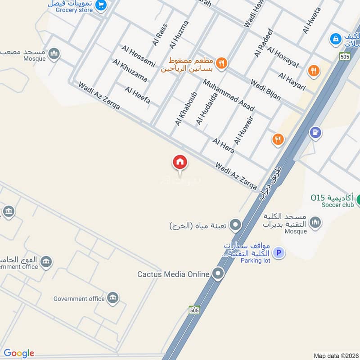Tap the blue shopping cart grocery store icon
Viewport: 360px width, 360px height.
pos(101,5)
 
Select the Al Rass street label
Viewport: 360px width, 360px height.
pos(160,35)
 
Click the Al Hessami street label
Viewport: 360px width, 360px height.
pos(138,56)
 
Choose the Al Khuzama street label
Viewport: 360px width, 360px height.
pos(130,71)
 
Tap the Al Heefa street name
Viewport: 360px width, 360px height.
pos(137,95)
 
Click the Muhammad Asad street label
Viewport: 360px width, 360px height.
pos(229,95)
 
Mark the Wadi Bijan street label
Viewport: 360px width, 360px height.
pos(265,90)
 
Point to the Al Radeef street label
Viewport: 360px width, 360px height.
pos(264,43)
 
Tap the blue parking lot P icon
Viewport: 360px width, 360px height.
pos(279,253)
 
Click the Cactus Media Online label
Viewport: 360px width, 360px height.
pos(174,274)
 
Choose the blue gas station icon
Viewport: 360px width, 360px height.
pos(315,132)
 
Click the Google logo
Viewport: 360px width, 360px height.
pos(18,353)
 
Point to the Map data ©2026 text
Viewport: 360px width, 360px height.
pos(336,355)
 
